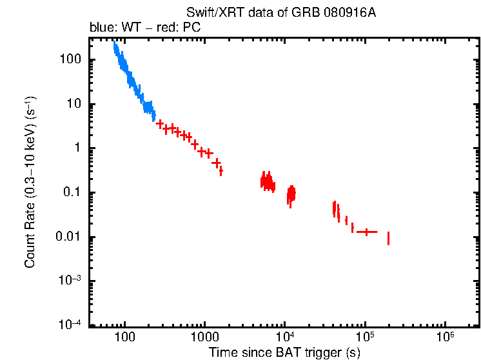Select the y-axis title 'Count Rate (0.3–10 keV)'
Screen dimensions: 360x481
tap(30, 183)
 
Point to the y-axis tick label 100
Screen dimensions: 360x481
tap(69, 60)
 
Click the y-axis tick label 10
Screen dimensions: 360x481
tap(72, 105)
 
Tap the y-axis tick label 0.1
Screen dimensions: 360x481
tap(71, 193)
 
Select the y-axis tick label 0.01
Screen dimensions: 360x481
tap(68, 237)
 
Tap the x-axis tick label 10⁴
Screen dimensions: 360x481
tap(284, 337)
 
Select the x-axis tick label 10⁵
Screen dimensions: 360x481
tap(364, 337)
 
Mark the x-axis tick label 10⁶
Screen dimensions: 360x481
tap(444, 337)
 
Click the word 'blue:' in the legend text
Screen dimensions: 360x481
tap(101, 28)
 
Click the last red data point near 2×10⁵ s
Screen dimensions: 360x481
tap(388, 238)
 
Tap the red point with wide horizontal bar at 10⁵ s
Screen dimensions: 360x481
tap(367, 232)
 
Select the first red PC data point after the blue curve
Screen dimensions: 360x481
tap(159, 123)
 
